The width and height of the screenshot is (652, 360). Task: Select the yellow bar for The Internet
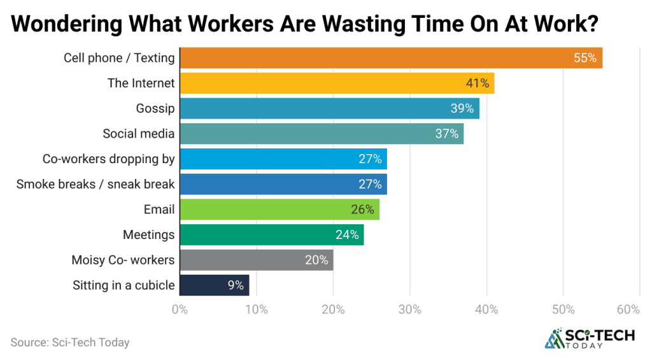(336, 83)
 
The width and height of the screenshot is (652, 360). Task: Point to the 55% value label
(585, 58)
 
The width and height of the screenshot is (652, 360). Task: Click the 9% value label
(236, 285)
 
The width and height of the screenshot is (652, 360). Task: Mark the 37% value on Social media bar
(447, 134)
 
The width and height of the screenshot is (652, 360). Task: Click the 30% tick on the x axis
(409, 310)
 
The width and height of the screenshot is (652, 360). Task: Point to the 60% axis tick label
(628, 310)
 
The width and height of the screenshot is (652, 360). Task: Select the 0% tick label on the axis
(180, 310)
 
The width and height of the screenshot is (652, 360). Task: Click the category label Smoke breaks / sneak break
(96, 184)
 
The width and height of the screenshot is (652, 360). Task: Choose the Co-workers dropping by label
(108, 159)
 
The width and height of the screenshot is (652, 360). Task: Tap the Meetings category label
(148, 234)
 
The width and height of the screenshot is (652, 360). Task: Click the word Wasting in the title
(370, 24)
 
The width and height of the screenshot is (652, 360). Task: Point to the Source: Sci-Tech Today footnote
(70, 342)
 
